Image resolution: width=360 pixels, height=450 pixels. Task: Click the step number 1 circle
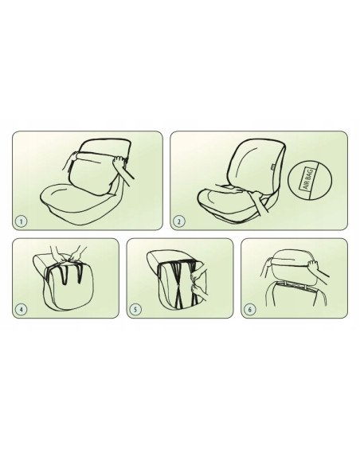(x=22, y=221)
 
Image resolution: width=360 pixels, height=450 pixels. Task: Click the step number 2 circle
(x=179, y=221)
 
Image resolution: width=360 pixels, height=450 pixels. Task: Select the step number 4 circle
(x=22, y=309)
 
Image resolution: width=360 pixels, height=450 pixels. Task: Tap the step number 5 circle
(x=135, y=309)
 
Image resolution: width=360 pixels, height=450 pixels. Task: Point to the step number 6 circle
(x=250, y=309)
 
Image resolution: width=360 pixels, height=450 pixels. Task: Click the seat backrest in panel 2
(x=256, y=166)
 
